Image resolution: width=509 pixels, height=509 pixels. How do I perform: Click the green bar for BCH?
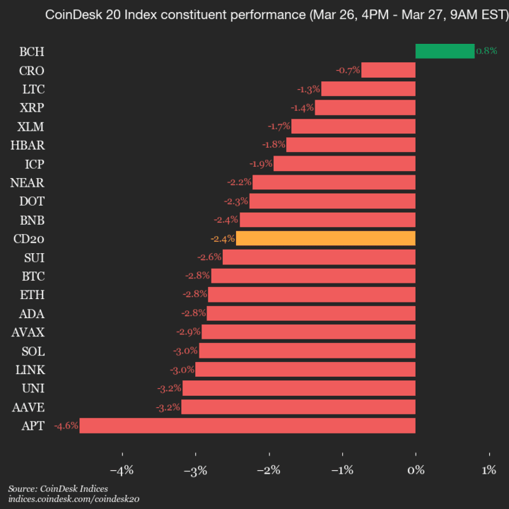pyautogui.click(x=445, y=51)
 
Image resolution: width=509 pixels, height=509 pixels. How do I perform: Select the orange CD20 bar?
pyautogui.click(x=325, y=238)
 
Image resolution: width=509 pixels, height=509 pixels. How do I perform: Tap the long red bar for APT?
pyautogui.click(x=247, y=426)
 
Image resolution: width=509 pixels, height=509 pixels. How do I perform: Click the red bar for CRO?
pyautogui.click(x=388, y=70)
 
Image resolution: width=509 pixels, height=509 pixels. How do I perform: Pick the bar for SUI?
pyautogui.click(x=319, y=257)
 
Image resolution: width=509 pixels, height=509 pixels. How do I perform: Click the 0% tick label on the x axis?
pyautogui.click(x=416, y=470)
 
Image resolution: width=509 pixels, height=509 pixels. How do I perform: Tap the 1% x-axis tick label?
pyautogui.click(x=488, y=470)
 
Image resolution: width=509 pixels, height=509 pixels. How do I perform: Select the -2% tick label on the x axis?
pyautogui.click(x=268, y=470)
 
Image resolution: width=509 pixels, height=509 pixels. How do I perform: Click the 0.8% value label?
pyautogui.click(x=486, y=51)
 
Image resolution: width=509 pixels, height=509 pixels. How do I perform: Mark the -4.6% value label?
pyautogui.click(x=66, y=426)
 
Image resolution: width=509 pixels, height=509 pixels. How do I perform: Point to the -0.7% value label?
pyautogui.click(x=348, y=70)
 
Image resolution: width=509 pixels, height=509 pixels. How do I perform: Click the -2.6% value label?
pyautogui.click(x=209, y=257)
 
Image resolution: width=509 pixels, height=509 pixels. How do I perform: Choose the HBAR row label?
pyautogui.click(x=29, y=145)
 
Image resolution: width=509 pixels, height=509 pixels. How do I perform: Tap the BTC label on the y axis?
pyautogui.click(x=33, y=276)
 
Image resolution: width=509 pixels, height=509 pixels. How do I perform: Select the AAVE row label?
pyautogui.click(x=28, y=407)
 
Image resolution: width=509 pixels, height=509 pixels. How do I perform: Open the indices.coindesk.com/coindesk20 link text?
pyautogui.click(x=74, y=499)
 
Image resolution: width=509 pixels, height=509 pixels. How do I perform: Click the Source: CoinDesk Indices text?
pyautogui.click(x=58, y=489)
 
